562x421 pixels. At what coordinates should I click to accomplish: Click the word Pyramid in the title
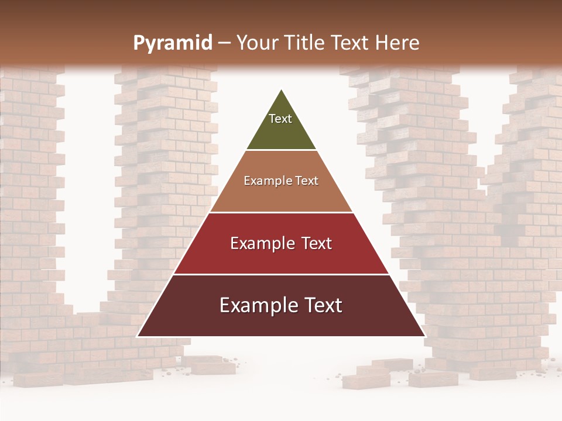click(x=172, y=43)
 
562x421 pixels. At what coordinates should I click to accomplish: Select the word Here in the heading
click(x=397, y=43)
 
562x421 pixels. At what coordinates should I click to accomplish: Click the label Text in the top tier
click(x=280, y=119)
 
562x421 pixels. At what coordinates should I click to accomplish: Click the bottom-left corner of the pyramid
click(x=138, y=336)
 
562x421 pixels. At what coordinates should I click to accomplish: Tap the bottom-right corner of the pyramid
click(x=424, y=336)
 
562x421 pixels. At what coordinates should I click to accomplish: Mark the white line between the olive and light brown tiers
click(x=281, y=150)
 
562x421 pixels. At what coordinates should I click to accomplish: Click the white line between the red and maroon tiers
click(x=281, y=274)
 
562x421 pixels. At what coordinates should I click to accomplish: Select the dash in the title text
click(x=224, y=43)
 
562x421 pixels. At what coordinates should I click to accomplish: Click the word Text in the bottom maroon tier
click(x=322, y=305)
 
